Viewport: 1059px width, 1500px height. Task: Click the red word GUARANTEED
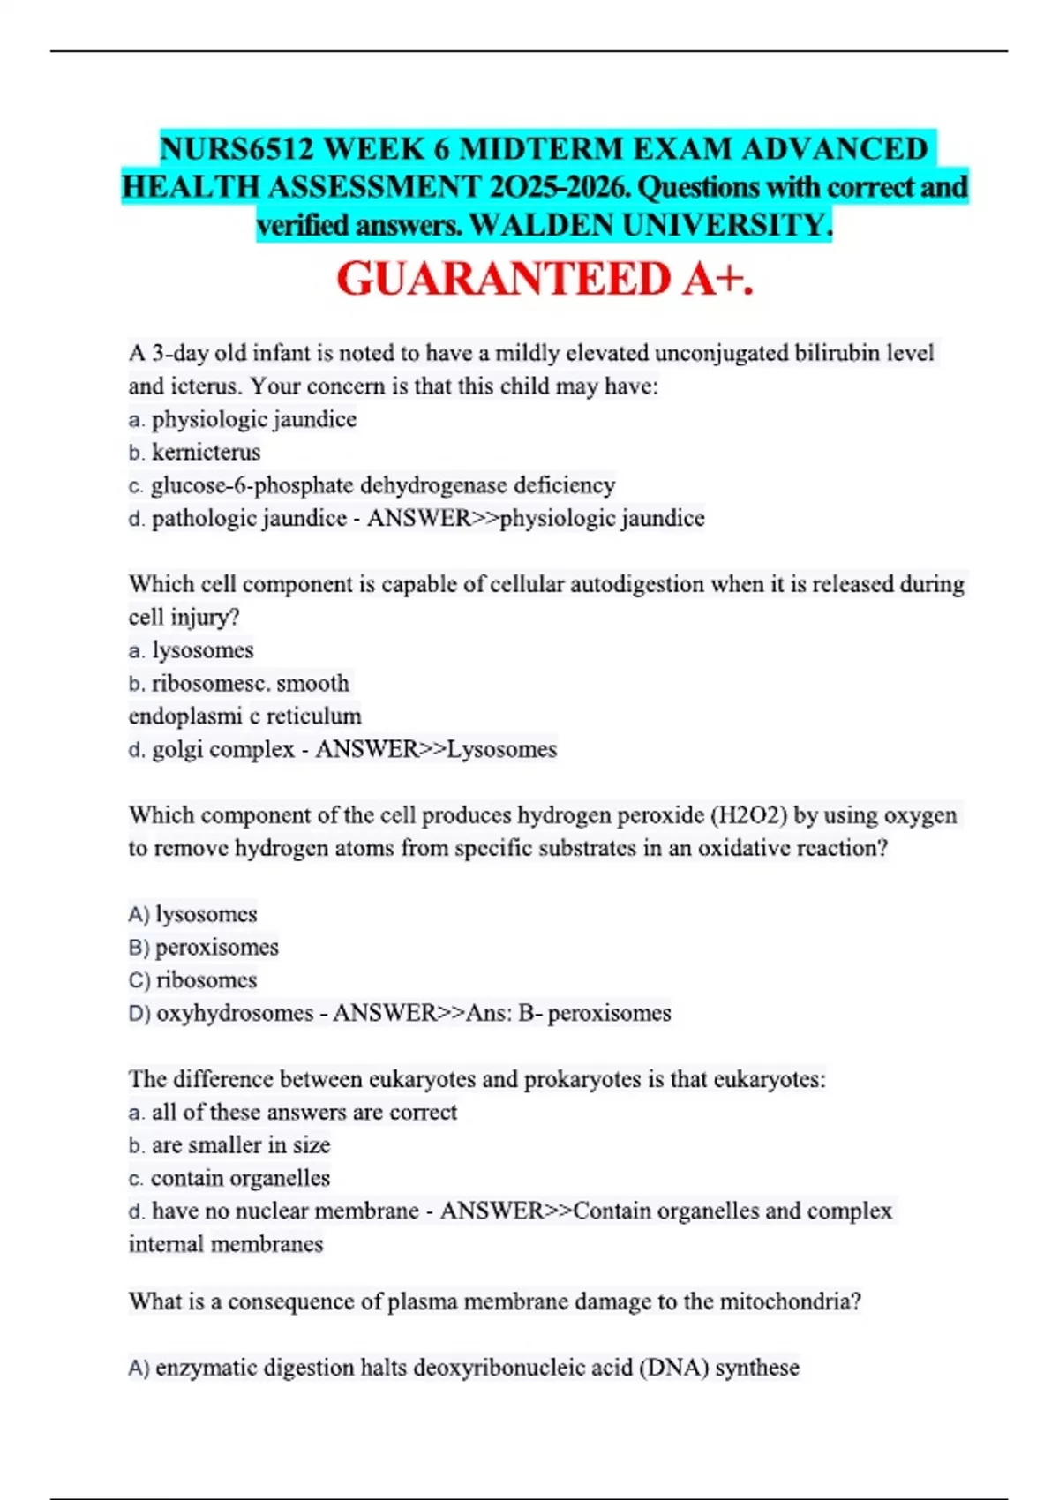(504, 279)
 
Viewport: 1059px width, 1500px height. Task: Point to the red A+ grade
(717, 279)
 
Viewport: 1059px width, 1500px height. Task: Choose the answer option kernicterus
(206, 452)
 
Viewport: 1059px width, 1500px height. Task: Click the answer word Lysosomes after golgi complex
(502, 749)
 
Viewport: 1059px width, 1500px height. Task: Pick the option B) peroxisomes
(204, 947)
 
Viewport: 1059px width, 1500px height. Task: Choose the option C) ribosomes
(193, 979)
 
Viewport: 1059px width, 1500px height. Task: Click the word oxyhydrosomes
(235, 1013)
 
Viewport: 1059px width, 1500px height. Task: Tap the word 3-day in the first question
(179, 353)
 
